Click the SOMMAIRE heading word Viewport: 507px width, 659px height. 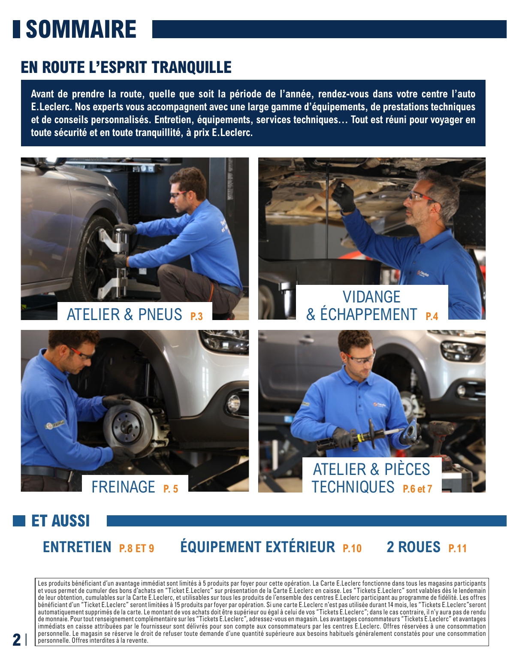81,30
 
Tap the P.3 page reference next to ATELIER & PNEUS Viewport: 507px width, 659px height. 196,317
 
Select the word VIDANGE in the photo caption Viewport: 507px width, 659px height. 371,297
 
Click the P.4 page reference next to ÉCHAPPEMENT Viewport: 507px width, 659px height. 432,317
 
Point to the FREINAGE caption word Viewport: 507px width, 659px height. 123,487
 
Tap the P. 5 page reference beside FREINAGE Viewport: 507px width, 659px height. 171,489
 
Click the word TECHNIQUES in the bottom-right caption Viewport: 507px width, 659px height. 353,487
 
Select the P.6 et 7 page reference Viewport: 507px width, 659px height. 417,489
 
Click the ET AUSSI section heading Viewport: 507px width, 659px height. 60,521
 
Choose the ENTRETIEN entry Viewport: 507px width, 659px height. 77,547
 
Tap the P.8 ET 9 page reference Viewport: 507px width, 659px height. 136,548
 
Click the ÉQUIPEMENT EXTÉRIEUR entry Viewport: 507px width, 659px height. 257,547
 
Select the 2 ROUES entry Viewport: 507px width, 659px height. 413,547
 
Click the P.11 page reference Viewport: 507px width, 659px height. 458,548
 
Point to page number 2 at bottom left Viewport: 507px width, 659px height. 17,639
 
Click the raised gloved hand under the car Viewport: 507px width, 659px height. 344,197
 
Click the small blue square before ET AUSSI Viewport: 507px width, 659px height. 19,521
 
